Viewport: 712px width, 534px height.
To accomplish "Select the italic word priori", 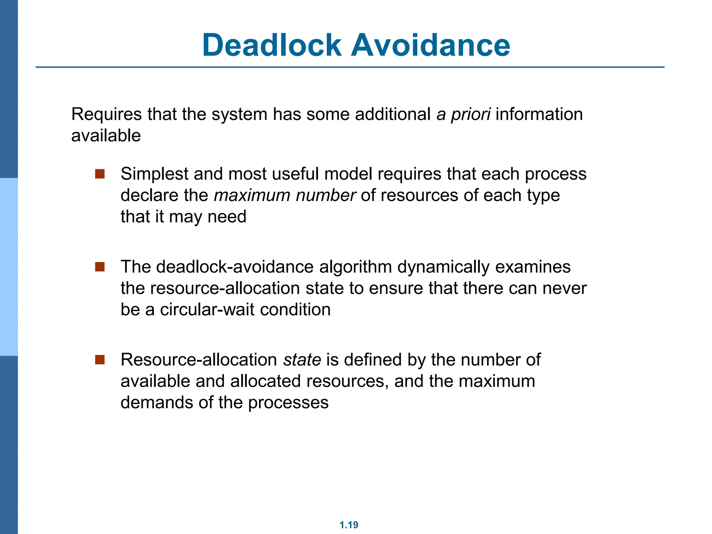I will point(471,115).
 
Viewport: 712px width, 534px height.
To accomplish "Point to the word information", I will point(539,114).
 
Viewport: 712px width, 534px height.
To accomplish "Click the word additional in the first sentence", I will point(393,114).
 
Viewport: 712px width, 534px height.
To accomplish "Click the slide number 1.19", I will point(349,525).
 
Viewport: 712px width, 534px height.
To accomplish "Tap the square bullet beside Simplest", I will point(100,174).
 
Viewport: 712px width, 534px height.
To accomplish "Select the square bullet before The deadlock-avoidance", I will point(100,267).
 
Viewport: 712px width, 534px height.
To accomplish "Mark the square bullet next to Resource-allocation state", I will point(100,360).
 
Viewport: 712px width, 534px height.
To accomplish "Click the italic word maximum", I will point(252,195).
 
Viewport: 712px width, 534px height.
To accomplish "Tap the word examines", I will point(533,267).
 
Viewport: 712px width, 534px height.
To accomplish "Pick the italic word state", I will point(302,360).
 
